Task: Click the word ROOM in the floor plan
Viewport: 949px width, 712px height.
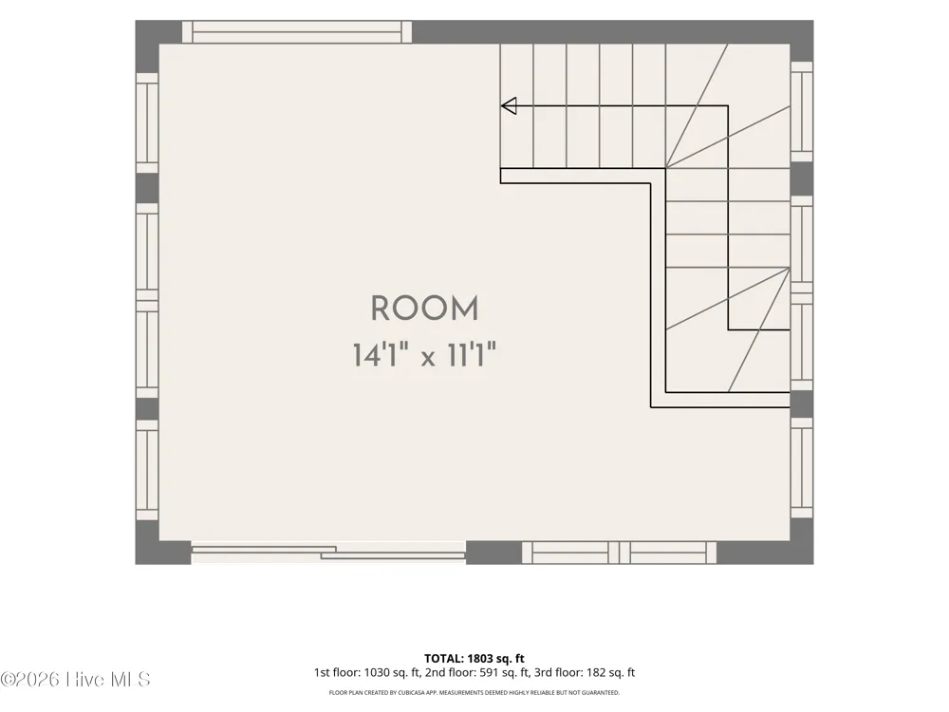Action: pyautogui.click(x=424, y=309)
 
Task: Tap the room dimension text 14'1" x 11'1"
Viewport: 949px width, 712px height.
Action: pyautogui.click(x=424, y=355)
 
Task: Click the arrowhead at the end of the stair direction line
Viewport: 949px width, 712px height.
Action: pyautogui.click(x=509, y=106)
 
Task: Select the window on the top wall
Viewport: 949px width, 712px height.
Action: pyautogui.click(x=296, y=32)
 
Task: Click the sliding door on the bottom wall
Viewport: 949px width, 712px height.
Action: pyautogui.click(x=328, y=553)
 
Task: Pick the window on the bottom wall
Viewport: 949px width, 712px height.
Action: pyautogui.click(x=619, y=553)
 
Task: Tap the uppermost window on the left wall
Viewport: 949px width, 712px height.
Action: pyautogui.click(x=147, y=122)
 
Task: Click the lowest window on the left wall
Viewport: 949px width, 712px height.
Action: pyautogui.click(x=147, y=470)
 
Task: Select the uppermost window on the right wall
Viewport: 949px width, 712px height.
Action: pyautogui.click(x=802, y=112)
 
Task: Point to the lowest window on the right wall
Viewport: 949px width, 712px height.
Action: pyautogui.click(x=802, y=468)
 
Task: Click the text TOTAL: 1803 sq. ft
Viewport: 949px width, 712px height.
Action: pyautogui.click(x=474, y=658)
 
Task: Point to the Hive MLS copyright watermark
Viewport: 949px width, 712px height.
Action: pyautogui.click(x=75, y=680)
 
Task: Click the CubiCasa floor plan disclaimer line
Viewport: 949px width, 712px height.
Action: pyautogui.click(x=474, y=693)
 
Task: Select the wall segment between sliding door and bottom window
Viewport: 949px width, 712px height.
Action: pyautogui.click(x=493, y=553)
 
